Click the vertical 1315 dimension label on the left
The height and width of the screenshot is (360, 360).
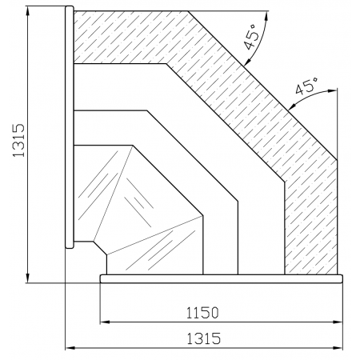click(18, 140)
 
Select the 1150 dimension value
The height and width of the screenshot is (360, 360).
click(202, 313)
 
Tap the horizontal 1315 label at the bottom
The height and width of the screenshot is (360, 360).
click(204, 338)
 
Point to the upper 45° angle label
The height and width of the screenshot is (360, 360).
click(252, 37)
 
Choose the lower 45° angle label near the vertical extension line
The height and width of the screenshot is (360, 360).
click(307, 86)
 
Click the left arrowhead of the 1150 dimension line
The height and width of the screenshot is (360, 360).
click(104, 322)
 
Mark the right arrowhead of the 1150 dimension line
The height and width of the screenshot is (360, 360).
click(338, 322)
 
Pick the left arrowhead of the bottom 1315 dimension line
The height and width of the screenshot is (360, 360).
click(70, 348)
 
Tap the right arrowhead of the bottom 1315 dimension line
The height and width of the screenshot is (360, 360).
click(338, 348)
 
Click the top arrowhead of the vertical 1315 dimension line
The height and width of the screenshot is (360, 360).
click(27, 10)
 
